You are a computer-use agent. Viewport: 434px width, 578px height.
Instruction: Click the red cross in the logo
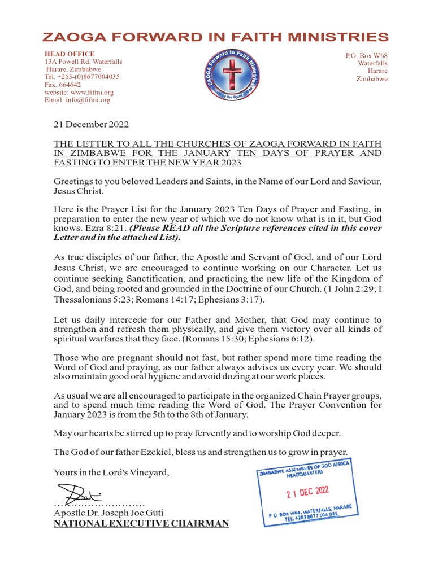click(232, 74)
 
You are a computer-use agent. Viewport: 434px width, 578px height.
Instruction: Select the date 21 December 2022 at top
click(91, 125)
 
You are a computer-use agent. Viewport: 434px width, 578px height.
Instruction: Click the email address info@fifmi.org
click(77, 100)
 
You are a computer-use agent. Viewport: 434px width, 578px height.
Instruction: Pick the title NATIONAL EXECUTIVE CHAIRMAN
click(141, 524)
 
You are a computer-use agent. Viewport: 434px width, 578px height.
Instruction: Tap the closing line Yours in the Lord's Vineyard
click(111, 472)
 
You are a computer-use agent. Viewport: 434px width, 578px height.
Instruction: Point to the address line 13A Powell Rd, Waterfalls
click(83, 62)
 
